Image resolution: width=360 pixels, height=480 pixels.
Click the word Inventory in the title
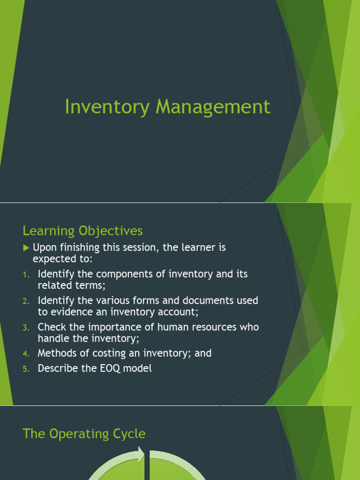[x=106, y=107]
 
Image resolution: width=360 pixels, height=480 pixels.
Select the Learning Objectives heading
[x=82, y=231]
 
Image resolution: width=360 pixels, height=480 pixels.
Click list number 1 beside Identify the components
[x=26, y=275]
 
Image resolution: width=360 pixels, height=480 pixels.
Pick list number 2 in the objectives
[x=26, y=301]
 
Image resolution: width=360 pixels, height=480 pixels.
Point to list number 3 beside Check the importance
[x=26, y=328]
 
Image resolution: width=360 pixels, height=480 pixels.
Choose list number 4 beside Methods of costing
[x=26, y=353]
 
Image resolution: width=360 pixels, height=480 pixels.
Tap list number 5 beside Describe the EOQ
[x=26, y=369]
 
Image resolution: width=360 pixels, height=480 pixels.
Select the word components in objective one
[x=111, y=275]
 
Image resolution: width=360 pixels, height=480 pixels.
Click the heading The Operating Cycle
[x=84, y=434]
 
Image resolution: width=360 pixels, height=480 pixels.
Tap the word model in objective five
[x=138, y=368]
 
